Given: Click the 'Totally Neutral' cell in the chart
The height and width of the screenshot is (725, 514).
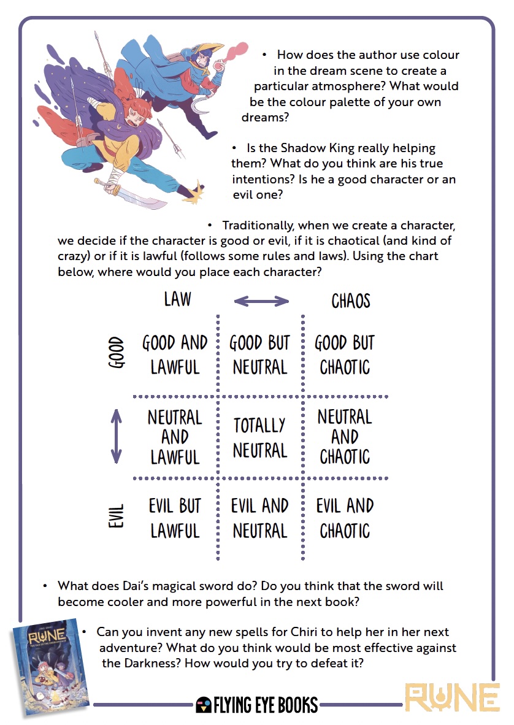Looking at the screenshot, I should pyautogui.click(x=259, y=437).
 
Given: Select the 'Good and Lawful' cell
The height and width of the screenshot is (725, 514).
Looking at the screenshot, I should pyautogui.click(x=175, y=355).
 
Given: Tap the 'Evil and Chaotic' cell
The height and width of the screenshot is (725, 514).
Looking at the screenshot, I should pyautogui.click(x=345, y=518).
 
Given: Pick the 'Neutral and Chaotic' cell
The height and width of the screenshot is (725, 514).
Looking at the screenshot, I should pyautogui.click(x=345, y=437).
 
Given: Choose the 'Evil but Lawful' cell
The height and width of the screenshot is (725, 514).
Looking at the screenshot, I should pyautogui.click(x=175, y=518).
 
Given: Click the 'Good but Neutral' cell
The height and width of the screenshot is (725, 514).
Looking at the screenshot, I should pyautogui.click(x=259, y=355).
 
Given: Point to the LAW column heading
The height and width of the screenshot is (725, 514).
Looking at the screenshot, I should pyautogui.click(x=178, y=299).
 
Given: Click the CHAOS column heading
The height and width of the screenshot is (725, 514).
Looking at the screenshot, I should pyautogui.click(x=351, y=301).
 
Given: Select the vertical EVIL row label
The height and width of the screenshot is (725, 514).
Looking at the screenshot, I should pyautogui.click(x=117, y=516).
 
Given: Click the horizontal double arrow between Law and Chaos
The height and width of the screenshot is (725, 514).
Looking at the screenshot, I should pyautogui.click(x=261, y=301).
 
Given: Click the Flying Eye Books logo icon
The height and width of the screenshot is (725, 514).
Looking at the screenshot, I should pyautogui.click(x=204, y=705).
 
